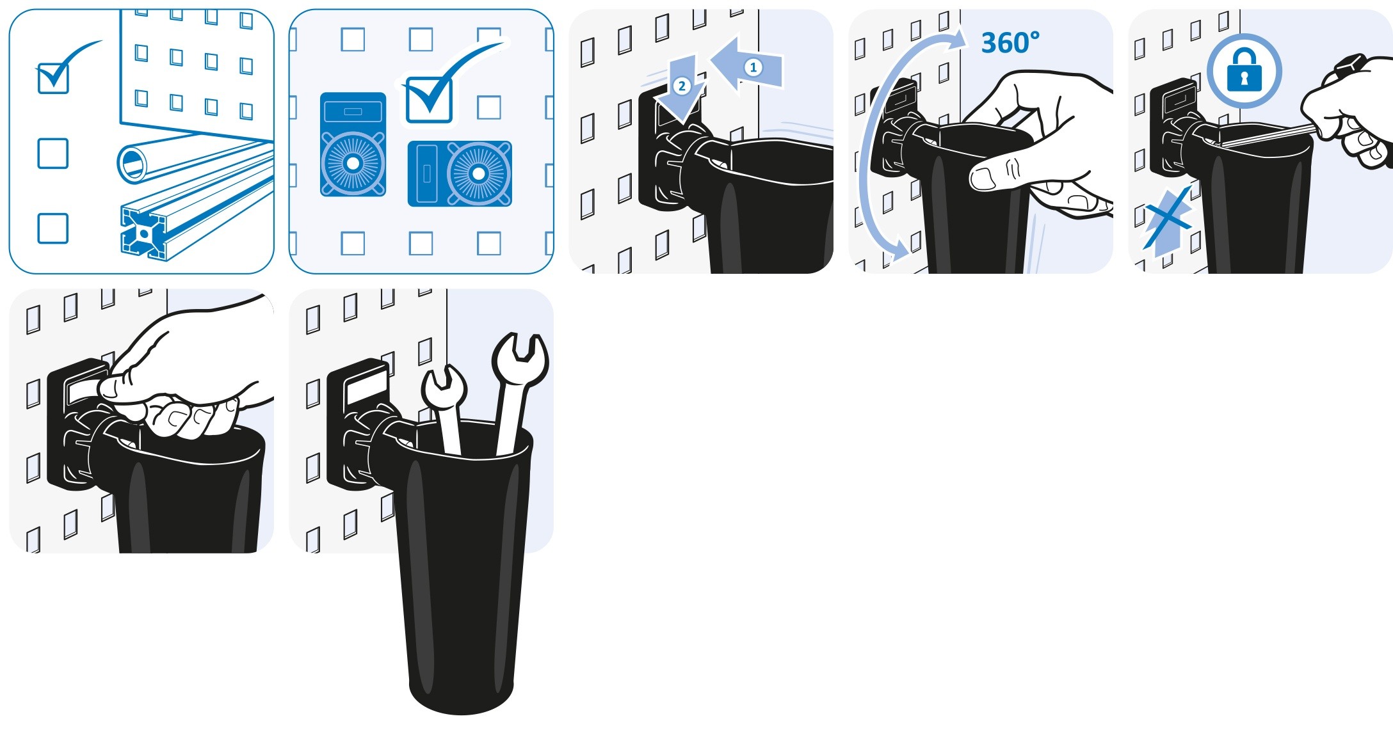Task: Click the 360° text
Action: [1010, 43]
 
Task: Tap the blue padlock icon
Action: [1244, 70]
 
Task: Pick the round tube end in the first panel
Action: [133, 163]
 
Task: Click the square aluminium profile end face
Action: [144, 234]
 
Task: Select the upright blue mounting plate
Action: [353, 145]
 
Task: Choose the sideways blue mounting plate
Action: [460, 173]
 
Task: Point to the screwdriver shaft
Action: [1268, 136]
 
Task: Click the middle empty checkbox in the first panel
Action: [53, 154]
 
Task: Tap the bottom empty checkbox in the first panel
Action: [53, 228]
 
